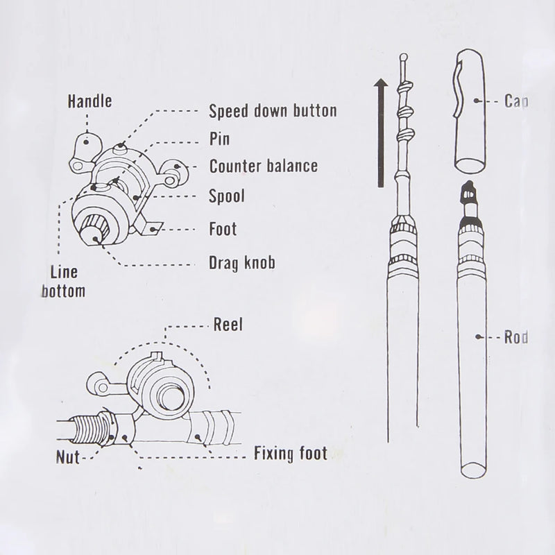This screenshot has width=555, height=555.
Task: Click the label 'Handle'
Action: [89, 102]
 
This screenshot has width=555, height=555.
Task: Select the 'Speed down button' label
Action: [273, 111]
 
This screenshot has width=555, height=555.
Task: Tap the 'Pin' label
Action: [219, 139]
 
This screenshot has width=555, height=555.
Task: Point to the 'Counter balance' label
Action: [264, 166]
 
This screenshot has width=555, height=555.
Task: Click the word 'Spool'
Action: [227, 197]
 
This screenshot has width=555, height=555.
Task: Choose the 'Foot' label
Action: [223, 229]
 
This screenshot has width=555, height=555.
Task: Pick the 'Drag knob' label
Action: [241, 263]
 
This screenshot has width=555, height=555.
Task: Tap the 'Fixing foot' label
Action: [290, 454]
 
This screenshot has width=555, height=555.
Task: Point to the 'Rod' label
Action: [517, 338]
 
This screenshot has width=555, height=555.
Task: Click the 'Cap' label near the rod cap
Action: [516, 102]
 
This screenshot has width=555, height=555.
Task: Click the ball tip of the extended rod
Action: [404, 58]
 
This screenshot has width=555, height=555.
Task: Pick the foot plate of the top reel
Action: [148, 225]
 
